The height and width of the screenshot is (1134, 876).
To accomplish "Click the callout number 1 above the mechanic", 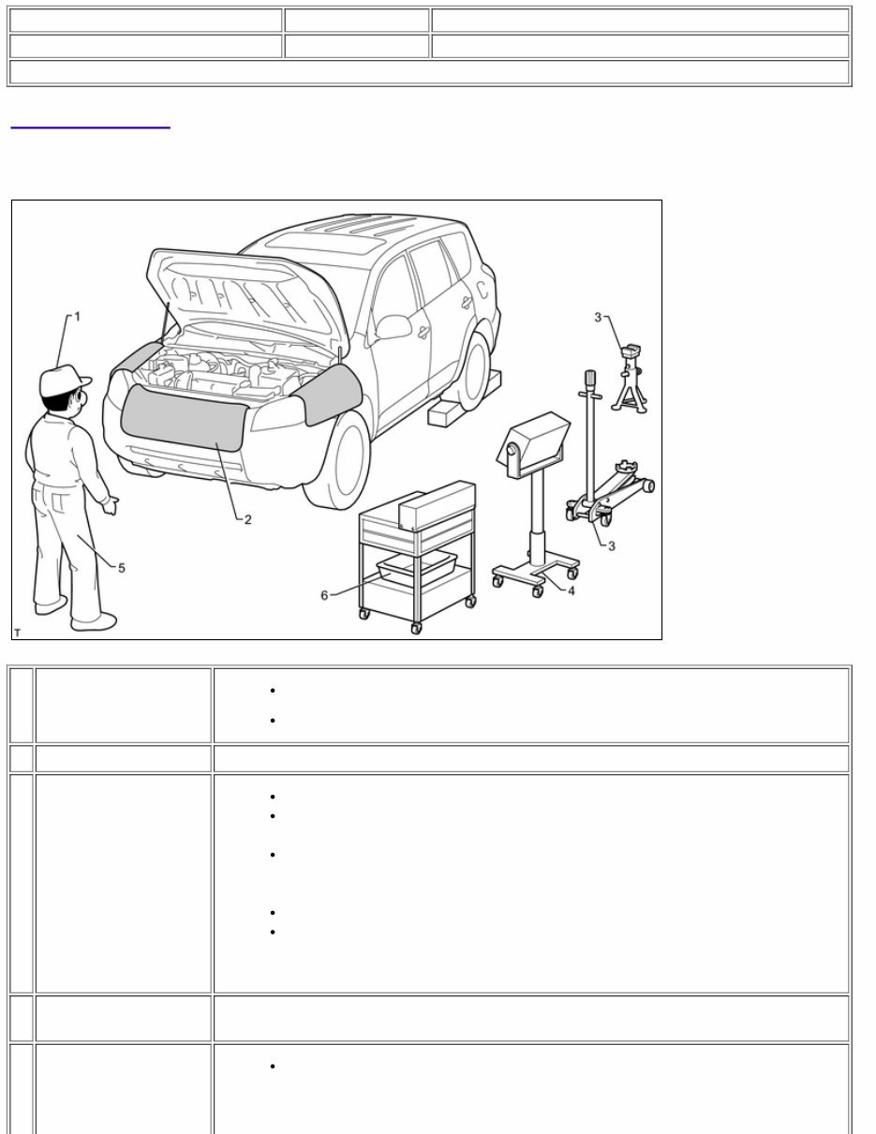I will (78, 317).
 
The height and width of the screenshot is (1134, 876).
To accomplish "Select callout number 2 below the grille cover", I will (248, 519).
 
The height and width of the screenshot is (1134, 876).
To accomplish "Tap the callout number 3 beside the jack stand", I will (598, 318).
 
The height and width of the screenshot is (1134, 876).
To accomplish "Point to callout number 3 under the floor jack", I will (612, 546).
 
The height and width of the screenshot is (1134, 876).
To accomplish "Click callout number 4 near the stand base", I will (572, 590).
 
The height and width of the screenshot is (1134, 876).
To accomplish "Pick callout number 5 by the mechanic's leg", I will (121, 567).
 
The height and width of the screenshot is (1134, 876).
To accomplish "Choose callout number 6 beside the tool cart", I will (325, 595).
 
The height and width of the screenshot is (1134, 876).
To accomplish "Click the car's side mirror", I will (393, 326).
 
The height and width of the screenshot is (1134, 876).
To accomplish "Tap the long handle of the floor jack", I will (590, 431).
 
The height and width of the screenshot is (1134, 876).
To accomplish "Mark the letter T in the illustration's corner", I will (18, 634).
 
